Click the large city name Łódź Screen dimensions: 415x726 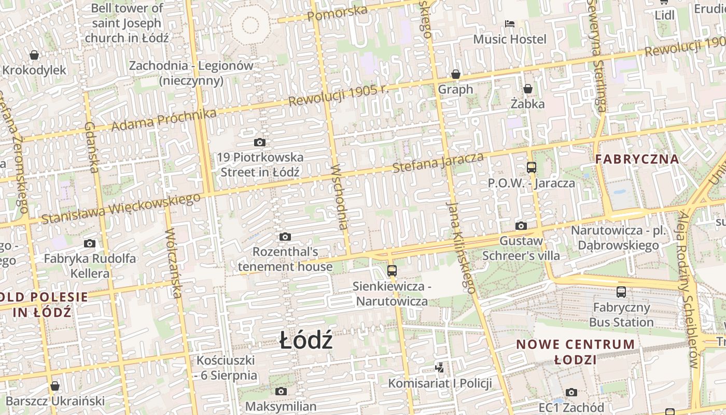click(306, 341)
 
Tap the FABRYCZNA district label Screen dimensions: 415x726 click(637, 159)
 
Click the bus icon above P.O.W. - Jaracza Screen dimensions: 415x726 click(532, 168)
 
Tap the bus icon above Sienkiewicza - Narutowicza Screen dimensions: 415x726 click(392, 271)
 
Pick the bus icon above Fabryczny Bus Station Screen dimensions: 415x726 click(621, 292)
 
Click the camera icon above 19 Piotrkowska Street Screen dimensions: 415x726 click(260, 142)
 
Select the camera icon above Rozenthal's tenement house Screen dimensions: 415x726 click(285, 237)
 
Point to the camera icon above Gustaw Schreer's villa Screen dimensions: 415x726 click(521, 226)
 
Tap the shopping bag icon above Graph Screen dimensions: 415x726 click(456, 75)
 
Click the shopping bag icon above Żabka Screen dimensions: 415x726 click(528, 89)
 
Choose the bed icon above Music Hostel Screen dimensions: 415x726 click(510, 24)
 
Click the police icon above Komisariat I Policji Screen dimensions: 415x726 click(440, 368)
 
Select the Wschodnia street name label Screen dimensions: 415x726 click(339, 197)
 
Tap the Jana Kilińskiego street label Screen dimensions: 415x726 click(461, 248)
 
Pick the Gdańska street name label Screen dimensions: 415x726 click(91, 147)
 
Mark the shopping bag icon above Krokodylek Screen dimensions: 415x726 click(34, 55)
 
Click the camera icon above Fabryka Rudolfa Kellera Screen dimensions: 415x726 click(90, 243)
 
